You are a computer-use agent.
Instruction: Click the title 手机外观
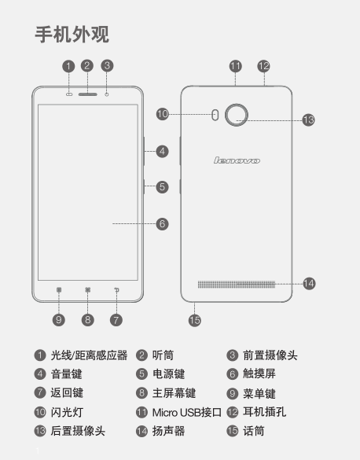tap(72, 35)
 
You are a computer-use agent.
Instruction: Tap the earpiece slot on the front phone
tap(88, 94)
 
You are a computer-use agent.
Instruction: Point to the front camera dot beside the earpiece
tap(107, 94)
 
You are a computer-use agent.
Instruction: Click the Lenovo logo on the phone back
tap(237, 160)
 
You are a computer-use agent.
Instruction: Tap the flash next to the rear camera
tap(215, 115)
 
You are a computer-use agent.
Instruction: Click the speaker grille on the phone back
tap(237, 285)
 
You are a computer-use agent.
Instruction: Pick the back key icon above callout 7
tap(116, 290)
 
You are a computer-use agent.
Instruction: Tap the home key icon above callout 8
tap(88, 290)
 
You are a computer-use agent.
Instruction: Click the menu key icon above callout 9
tap(59, 290)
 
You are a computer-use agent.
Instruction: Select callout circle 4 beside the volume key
tap(162, 152)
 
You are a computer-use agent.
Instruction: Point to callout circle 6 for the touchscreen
tap(162, 224)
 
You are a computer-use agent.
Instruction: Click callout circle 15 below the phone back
tap(195, 320)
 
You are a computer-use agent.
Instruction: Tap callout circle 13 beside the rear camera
tap(308, 120)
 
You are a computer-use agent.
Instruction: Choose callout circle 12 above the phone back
tap(263, 66)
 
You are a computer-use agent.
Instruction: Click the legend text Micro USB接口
tap(187, 413)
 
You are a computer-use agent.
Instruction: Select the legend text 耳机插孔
tap(264, 412)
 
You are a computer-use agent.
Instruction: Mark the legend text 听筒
tap(163, 355)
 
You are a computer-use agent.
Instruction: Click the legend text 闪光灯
tap(67, 412)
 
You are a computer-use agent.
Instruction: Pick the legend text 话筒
tap(254, 431)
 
